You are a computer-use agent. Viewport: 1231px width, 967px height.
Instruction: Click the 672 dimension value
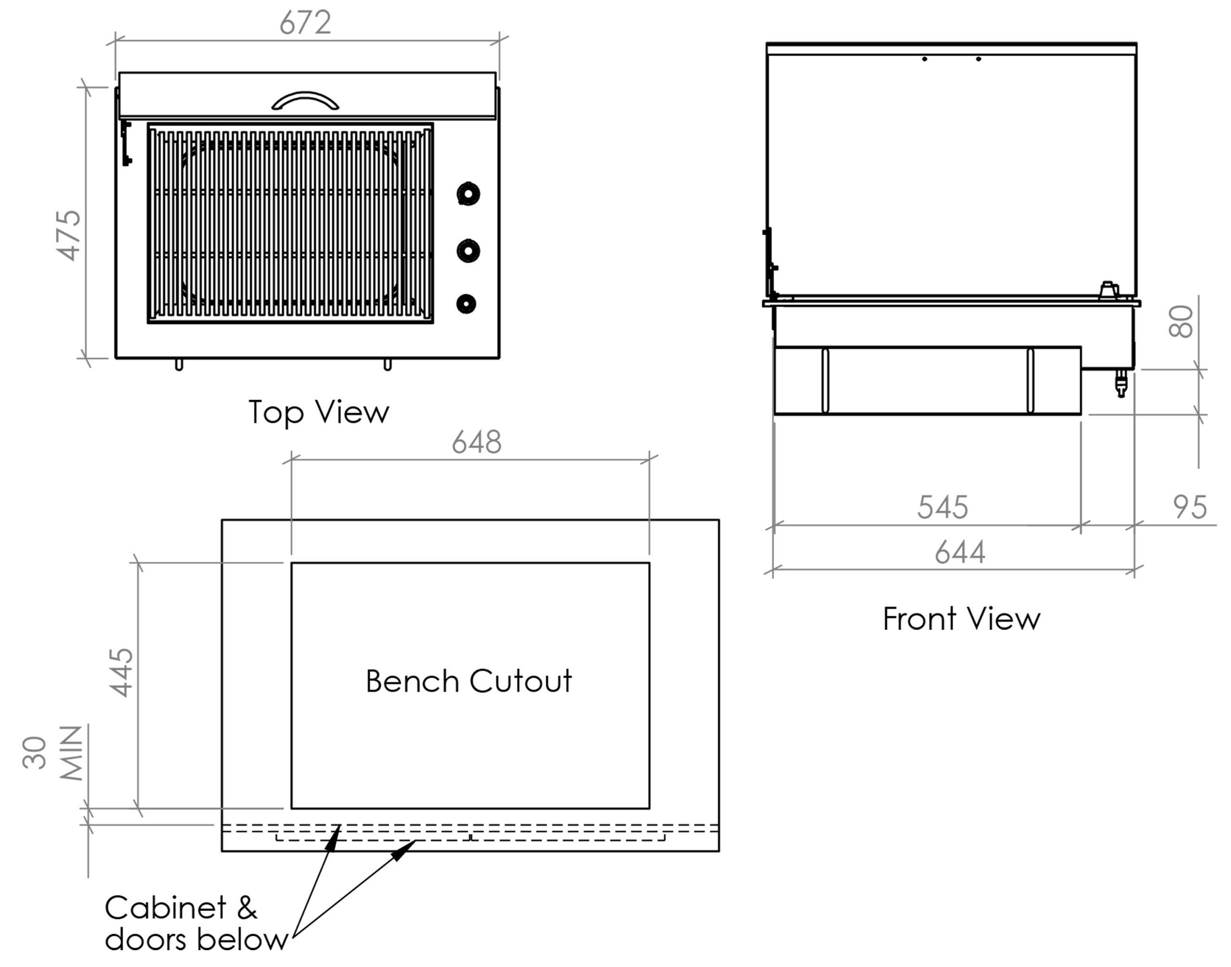click(x=305, y=23)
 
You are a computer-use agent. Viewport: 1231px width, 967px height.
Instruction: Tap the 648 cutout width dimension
click(x=477, y=442)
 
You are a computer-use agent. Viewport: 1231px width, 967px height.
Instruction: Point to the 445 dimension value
click(x=121, y=672)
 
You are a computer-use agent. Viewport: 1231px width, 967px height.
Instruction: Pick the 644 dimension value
click(x=960, y=552)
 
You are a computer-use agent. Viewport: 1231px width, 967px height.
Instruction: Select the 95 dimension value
click(x=1190, y=507)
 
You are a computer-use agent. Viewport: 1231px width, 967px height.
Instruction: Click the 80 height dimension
click(x=1181, y=322)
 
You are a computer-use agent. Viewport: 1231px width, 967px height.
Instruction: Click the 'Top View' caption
click(x=319, y=412)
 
